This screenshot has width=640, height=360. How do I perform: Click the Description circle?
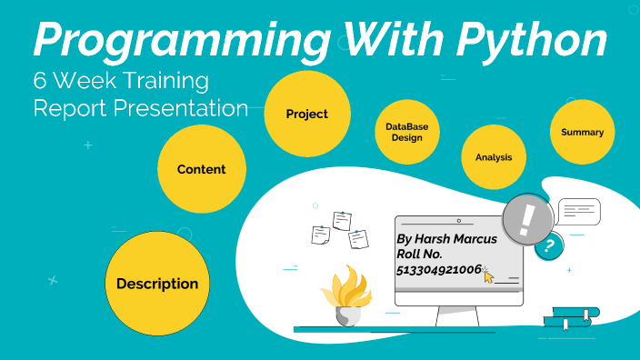click(157, 284)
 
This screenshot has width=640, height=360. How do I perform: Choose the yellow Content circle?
click(201, 169)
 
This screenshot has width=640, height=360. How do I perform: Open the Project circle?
click(306, 115)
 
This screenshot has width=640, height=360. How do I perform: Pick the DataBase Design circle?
click(406, 133)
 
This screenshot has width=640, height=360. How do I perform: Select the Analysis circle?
click(494, 157)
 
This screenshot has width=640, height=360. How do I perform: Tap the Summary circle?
click(582, 132)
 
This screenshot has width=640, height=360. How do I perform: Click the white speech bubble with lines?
click(578, 213)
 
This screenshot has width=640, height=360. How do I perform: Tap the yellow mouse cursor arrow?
click(488, 275)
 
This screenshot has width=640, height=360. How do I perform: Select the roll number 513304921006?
click(438, 270)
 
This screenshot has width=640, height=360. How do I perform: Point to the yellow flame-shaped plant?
click(345, 287)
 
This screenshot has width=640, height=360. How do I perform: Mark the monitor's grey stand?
click(457, 315)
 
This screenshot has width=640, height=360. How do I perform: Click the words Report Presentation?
click(140, 108)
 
